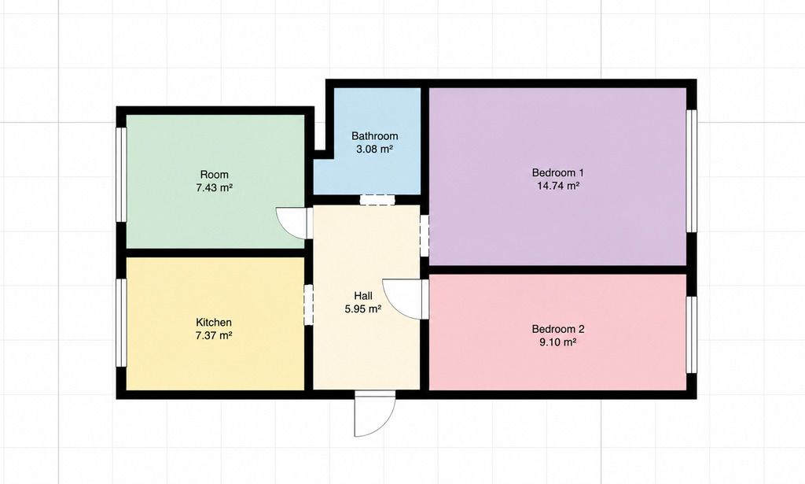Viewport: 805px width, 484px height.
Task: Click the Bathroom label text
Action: (375, 136)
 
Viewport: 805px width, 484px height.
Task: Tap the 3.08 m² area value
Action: (375, 150)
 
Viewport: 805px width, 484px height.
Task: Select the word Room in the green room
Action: (214, 175)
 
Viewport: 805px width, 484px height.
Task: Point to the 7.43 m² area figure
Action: (214, 188)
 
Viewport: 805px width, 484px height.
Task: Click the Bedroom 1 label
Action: (558, 172)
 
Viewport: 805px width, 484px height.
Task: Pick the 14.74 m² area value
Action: (558, 186)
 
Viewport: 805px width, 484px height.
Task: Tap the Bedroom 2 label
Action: (558, 329)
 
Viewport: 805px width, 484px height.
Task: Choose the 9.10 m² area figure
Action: (558, 342)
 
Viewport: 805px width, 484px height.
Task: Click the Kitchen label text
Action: (214, 323)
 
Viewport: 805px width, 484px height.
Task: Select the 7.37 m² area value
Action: (214, 336)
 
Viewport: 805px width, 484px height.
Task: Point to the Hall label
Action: (363, 296)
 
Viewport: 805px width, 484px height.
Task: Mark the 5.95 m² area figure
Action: (363, 309)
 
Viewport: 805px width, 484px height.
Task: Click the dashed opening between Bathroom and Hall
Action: (377, 200)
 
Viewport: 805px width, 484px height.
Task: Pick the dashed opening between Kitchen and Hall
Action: (308, 305)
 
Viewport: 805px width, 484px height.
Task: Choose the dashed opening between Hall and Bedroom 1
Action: (425, 235)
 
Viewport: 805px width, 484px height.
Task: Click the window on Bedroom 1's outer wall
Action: (692, 171)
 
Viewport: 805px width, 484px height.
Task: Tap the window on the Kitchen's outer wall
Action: (121, 323)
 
